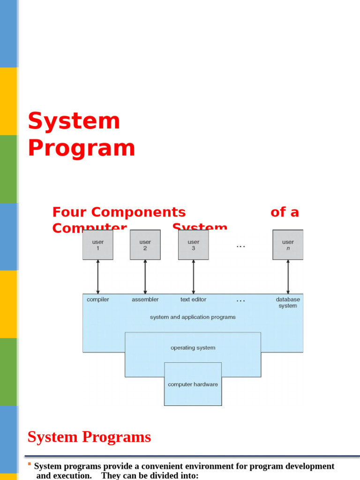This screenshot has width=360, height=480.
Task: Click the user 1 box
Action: click(x=98, y=245)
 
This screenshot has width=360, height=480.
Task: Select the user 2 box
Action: click(x=145, y=245)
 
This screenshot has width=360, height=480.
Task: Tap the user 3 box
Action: click(x=194, y=245)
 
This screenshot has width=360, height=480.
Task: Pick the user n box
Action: click(x=288, y=245)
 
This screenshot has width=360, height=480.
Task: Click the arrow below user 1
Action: click(x=98, y=277)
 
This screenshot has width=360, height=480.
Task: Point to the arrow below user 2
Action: click(x=145, y=277)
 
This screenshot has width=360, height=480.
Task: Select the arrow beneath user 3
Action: click(x=194, y=277)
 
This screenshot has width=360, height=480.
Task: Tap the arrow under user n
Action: click(x=288, y=277)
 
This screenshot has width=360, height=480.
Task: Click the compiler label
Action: click(x=98, y=300)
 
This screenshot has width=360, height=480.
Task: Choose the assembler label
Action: click(x=145, y=300)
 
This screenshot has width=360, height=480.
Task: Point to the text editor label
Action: click(x=193, y=300)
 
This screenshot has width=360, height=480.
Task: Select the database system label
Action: click(x=288, y=303)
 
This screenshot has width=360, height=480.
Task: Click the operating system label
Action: click(x=193, y=348)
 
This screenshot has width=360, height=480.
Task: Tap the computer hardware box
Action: click(x=193, y=384)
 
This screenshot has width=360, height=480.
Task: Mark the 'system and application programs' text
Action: click(x=193, y=317)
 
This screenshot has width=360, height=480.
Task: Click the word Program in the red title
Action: click(x=82, y=148)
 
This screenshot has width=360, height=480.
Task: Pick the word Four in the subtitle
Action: click(x=70, y=212)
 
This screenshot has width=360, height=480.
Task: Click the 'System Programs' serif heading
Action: click(x=89, y=437)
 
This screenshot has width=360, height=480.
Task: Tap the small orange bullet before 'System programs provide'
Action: click(x=30, y=465)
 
